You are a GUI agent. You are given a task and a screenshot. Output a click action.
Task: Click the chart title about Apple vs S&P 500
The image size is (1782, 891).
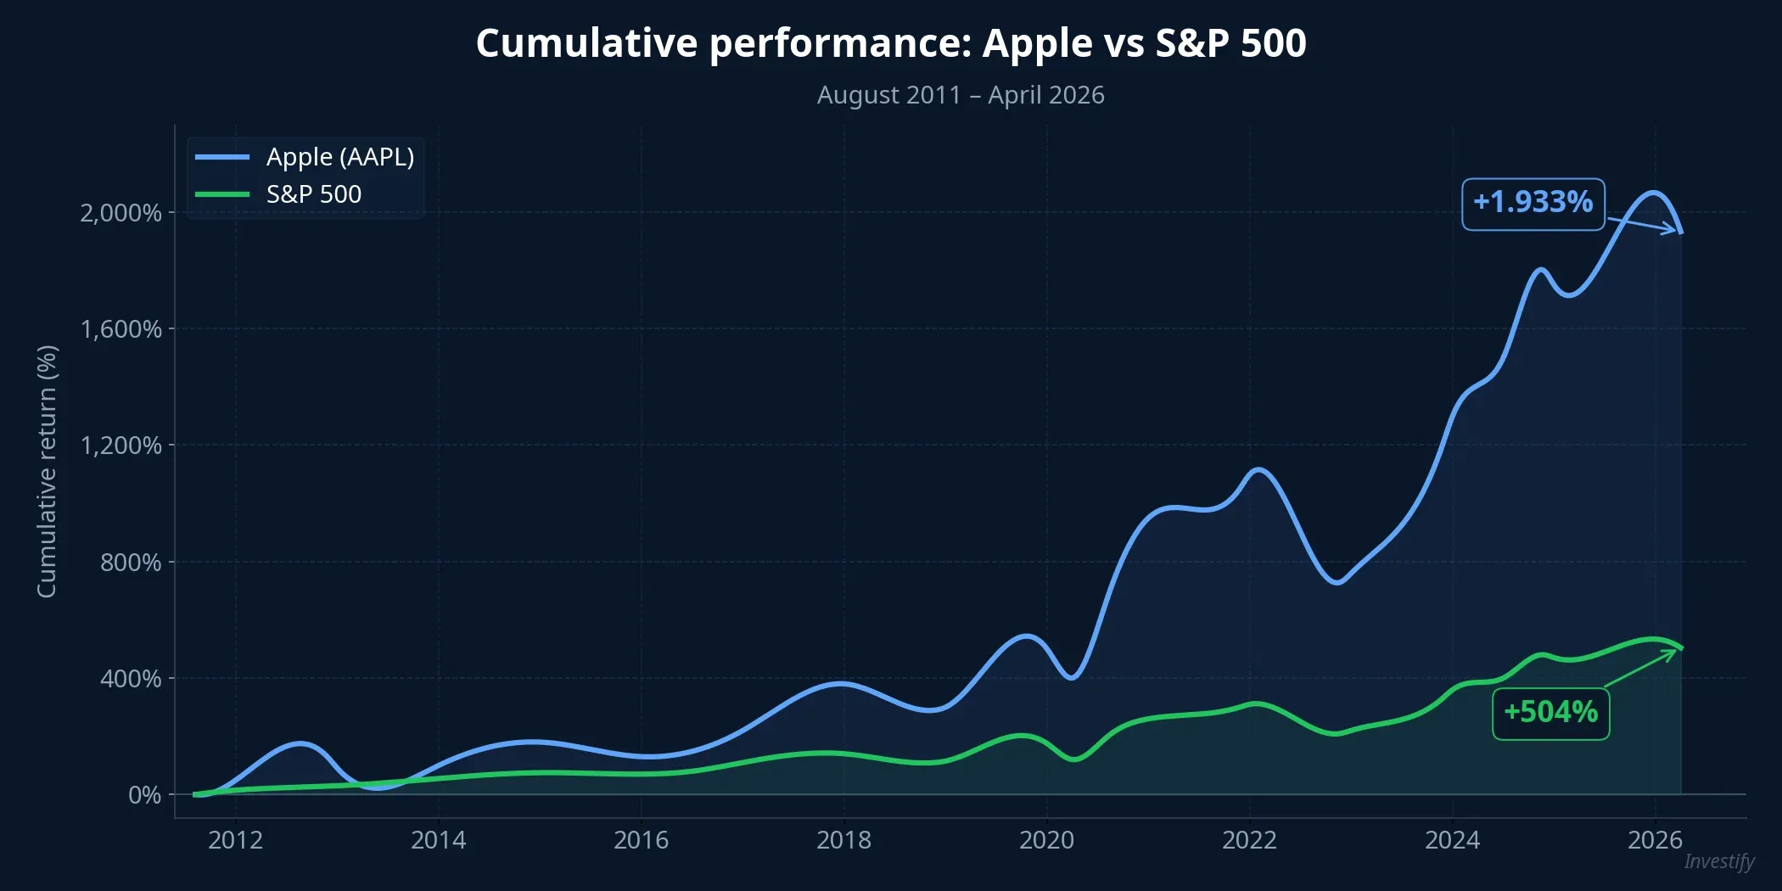click(890, 43)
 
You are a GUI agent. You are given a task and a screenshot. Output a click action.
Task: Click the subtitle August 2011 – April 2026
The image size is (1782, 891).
click(960, 95)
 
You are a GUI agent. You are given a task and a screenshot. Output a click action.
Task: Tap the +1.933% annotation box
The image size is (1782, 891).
click(1533, 203)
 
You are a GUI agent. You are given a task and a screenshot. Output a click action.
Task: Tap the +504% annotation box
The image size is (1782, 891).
click(1550, 713)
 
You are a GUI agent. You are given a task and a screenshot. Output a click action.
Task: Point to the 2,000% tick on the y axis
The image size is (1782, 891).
click(120, 213)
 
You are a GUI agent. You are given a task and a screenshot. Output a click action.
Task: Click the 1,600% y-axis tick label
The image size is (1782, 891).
click(120, 329)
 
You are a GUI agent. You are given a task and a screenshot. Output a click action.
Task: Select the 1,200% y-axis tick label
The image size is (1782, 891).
click(120, 445)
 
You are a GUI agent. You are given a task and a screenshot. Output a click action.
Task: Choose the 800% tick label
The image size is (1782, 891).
click(130, 563)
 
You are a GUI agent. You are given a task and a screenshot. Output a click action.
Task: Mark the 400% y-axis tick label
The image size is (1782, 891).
click(130, 679)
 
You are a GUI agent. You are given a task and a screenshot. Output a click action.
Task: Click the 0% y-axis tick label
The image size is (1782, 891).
click(144, 795)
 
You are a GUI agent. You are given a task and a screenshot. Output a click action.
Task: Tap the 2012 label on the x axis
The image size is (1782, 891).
click(235, 840)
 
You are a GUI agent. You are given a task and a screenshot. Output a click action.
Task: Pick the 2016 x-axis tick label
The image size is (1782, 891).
click(641, 840)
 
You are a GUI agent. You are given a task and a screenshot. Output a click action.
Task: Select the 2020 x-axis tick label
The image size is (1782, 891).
click(1046, 840)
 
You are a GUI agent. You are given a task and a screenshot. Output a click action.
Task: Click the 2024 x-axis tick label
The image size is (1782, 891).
click(1452, 840)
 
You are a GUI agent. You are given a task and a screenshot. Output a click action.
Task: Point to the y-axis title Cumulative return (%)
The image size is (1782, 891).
click(47, 471)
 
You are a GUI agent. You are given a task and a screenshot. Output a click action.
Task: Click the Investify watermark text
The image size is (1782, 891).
click(1718, 861)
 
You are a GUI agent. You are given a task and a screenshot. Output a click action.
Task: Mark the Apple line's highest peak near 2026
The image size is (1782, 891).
click(1653, 193)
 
